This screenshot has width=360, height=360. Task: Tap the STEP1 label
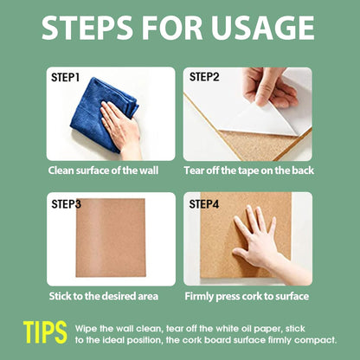pos(66,78)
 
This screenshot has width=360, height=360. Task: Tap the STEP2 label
pos(204,77)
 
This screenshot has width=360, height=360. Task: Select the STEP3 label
pos(67,204)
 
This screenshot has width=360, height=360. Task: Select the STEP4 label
pos(206,204)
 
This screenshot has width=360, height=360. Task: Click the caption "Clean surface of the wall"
pos(111,171)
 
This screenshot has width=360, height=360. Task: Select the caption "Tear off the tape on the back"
pos(247,171)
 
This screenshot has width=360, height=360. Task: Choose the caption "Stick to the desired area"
pos(104,297)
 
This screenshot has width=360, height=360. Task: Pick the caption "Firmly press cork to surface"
pos(247,297)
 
